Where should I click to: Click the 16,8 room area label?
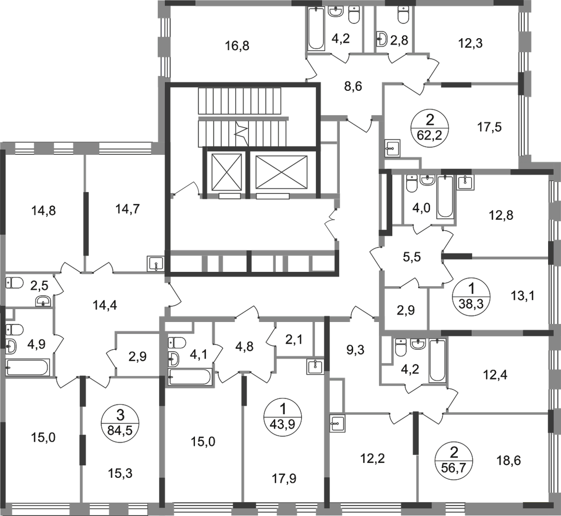point(237,46)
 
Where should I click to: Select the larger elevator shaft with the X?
point(282,172)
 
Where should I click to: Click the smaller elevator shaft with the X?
point(227,172)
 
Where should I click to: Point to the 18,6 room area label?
point(508,460)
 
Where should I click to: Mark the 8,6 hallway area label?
point(353,86)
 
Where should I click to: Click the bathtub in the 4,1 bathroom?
point(190,377)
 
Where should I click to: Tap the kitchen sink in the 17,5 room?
point(392,148)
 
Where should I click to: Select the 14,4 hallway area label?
point(105,305)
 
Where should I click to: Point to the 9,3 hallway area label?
point(355,350)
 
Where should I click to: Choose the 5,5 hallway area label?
point(411,257)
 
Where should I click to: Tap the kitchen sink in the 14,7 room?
point(156,264)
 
